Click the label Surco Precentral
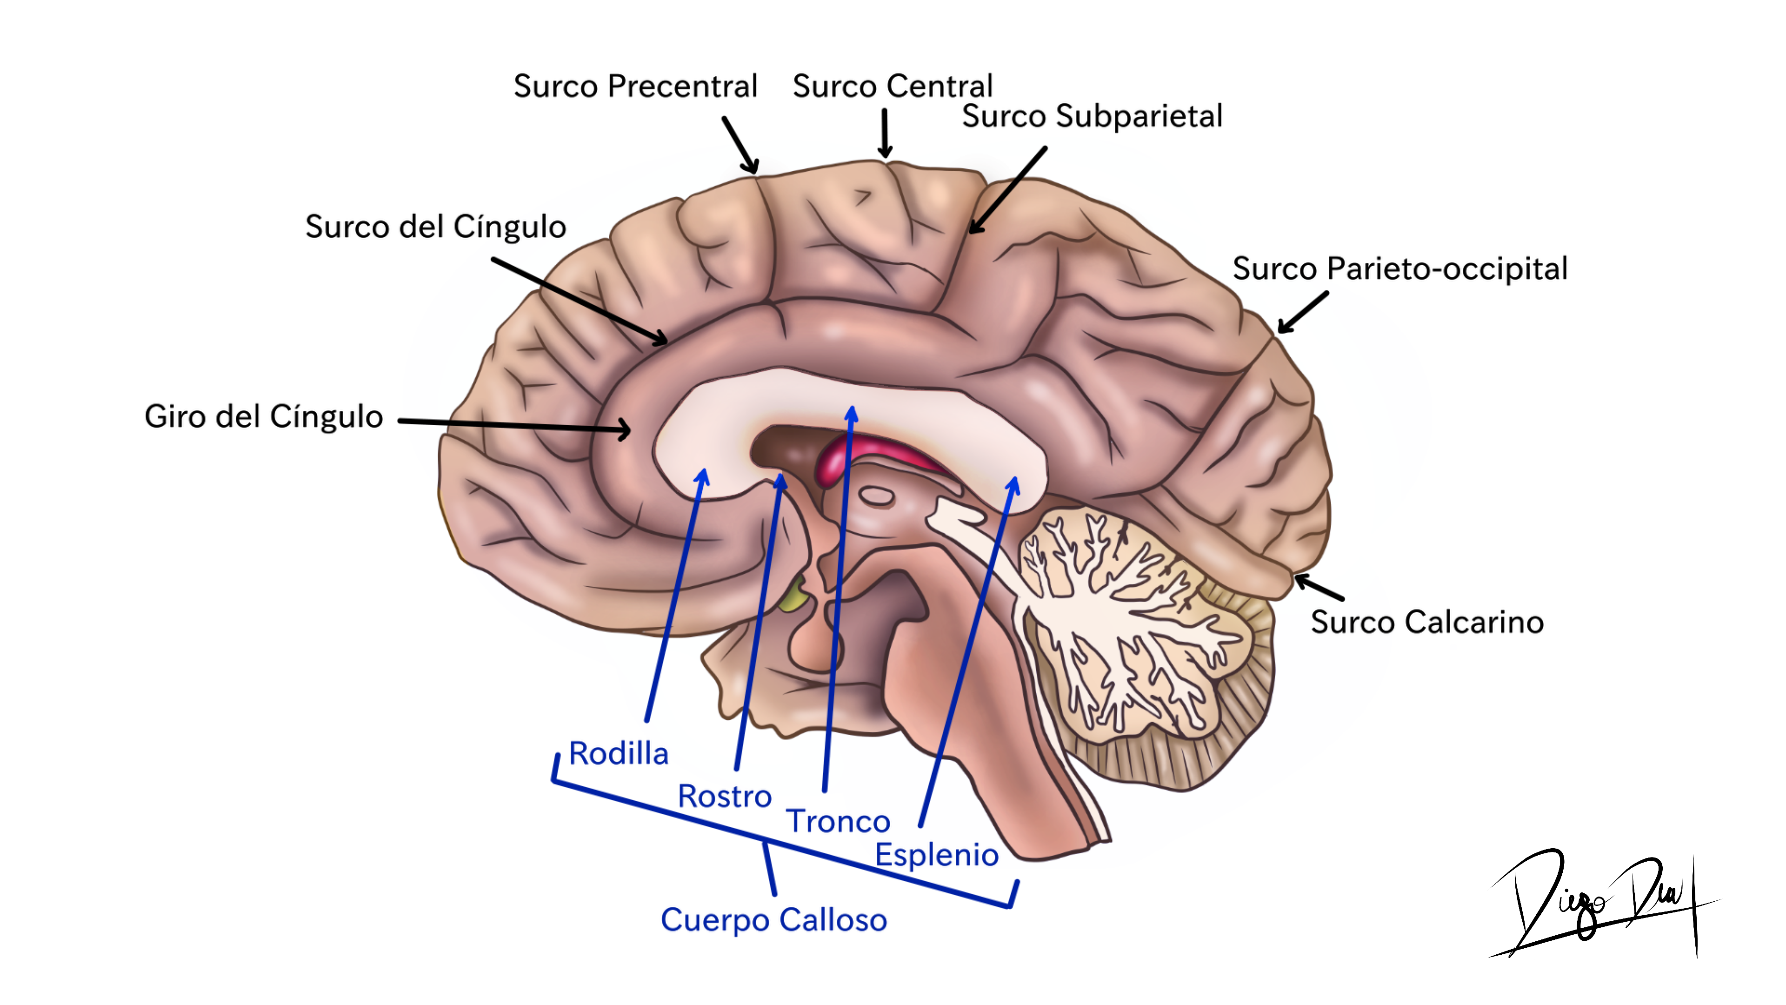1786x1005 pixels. coord(635,87)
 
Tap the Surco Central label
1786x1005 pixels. coord(893,87)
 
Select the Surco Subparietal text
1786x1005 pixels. coord(1092,116)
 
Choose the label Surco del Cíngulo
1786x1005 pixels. coord(435,227)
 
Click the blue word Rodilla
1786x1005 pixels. coord(619,753)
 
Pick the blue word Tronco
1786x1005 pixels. coord(838,822)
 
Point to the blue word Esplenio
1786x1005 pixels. coord(937,855)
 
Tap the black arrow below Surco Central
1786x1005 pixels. coord(885,133)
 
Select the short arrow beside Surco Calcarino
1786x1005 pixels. coord(1319,587)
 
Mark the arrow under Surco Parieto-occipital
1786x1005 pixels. coord(1303,312)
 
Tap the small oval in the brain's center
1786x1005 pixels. coord(876,496)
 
